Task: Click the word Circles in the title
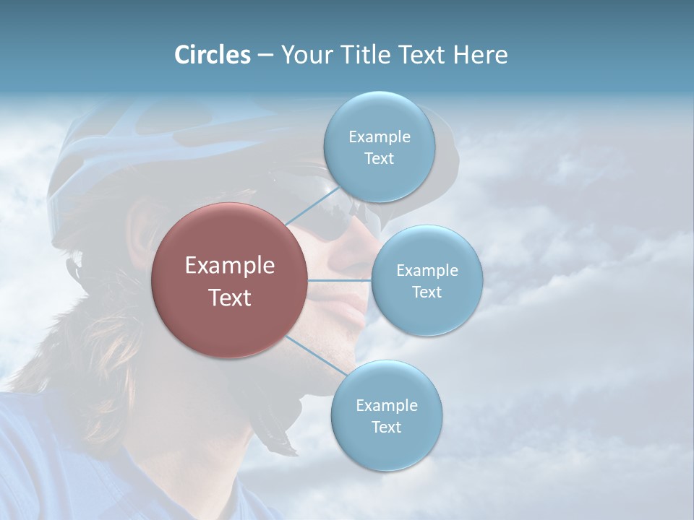(213, 55)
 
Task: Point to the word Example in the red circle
(230, 266)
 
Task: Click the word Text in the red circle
(230, 298)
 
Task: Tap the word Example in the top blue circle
(379, 136)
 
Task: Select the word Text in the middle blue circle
(427, 292)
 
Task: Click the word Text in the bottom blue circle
(386, 427)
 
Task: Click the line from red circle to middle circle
(340, 280)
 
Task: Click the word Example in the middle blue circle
(427, 270)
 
